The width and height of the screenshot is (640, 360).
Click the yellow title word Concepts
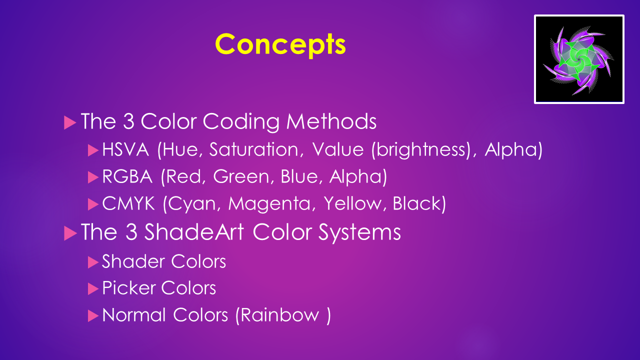tap(280, 45)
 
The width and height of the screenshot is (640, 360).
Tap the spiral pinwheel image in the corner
tap(579, 59)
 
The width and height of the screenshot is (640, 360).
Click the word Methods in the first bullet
tap(331, 121)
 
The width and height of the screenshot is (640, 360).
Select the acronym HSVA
tap(125, 149)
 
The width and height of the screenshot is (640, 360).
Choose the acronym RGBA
tap(127, 176)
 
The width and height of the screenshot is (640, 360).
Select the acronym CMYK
tap(128, 203)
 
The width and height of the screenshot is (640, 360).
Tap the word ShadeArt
tap(194, 231)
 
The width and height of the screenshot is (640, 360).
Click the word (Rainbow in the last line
tap(277, 315)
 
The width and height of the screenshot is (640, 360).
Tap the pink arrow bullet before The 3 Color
tap(70, 122)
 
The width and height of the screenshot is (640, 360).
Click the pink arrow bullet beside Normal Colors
tap(93, 315)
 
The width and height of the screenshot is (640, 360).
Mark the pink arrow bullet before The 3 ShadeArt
tap(70, 233)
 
